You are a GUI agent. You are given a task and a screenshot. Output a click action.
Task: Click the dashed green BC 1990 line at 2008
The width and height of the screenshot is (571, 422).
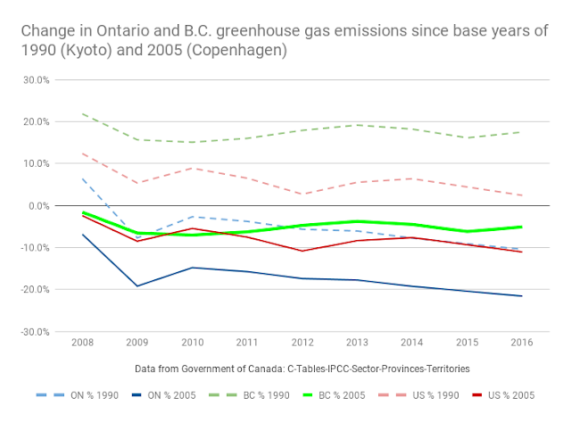(84, 114)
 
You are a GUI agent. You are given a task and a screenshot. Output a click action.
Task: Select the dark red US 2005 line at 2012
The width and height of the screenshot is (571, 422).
(302, 251)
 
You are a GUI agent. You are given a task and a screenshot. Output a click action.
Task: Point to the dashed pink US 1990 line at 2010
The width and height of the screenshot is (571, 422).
(193, 168)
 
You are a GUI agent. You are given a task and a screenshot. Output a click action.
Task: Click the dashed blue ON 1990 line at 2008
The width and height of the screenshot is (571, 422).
(84, 179)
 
